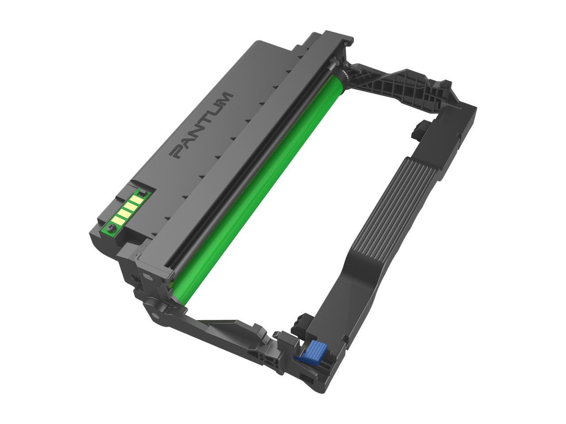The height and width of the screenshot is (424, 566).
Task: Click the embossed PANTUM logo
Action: (x=201, y=125)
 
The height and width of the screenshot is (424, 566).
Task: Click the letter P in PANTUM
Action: (x=178, y=152)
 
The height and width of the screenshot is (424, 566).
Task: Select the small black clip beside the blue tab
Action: (x=305, y=320)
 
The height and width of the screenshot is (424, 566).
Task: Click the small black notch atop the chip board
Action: (x=142, y=192)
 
